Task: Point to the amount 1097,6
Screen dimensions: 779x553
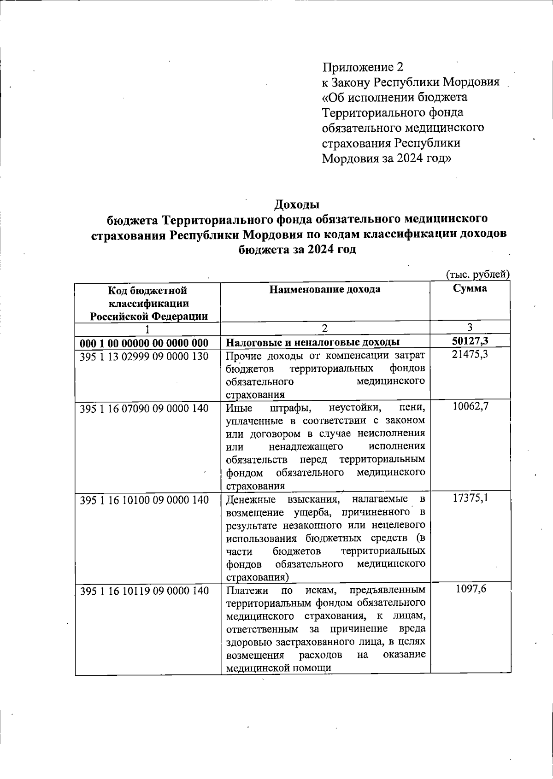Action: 471,590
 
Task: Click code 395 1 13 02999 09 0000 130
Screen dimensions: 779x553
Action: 144,356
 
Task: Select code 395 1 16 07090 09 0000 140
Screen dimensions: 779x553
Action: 144,408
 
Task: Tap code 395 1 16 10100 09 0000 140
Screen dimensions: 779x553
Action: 144,500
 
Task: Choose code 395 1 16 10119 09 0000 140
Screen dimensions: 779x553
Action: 144,591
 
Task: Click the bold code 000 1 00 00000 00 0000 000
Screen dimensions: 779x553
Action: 144,343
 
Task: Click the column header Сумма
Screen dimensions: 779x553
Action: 470,289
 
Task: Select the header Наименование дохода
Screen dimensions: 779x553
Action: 325,289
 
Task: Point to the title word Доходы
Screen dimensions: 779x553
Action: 297,204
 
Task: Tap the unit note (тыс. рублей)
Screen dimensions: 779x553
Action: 478,274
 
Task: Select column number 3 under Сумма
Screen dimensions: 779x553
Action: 470,327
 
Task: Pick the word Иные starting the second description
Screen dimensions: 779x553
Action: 237,408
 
